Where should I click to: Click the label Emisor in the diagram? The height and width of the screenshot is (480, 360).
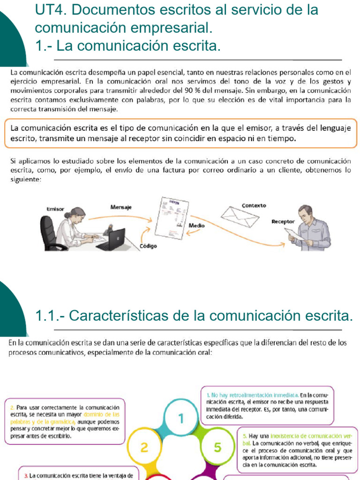pos(55,209)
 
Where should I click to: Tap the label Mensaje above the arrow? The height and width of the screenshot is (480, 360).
pos(121,207)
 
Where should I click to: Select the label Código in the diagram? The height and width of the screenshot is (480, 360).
pos(148,246)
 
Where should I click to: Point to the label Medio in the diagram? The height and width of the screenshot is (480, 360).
pos(196,225)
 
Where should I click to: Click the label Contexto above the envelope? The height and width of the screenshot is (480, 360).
pos(254,205)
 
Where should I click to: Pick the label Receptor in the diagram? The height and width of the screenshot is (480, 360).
pos(283,222)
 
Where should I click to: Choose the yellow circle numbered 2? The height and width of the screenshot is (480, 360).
pos(144,447)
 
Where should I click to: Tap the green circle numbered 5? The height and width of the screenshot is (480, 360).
pos(217,447)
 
